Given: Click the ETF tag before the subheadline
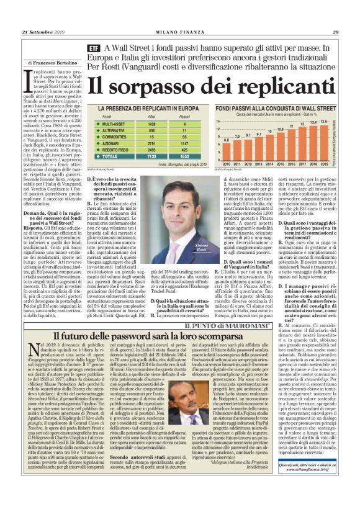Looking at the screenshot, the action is click(92, 48).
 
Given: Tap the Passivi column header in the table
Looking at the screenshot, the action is click(184, 116).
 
